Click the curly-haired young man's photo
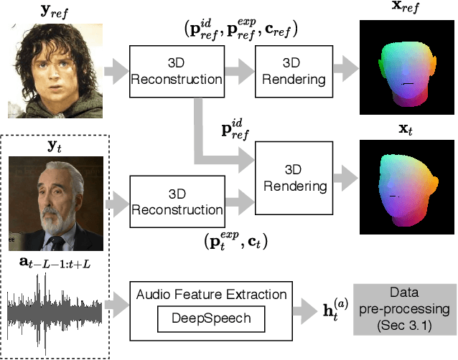pyautogui.click(x=55, y=68)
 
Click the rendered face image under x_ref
pyautogui.click(x=407, y=68)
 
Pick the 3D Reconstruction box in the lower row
pyautogui.click(x=176, y=202)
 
